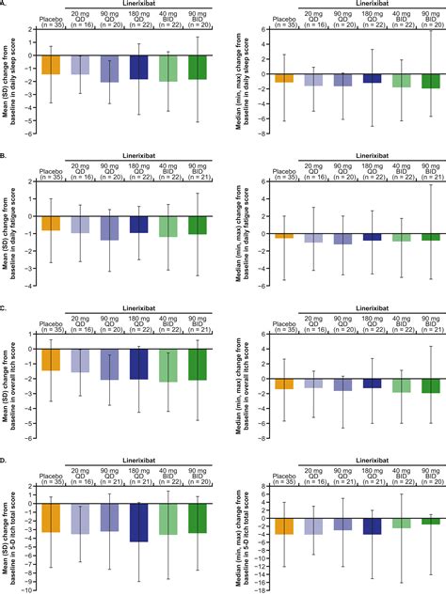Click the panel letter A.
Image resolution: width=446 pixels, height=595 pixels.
pos(5,5)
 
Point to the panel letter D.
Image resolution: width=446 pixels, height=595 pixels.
pos(5,458)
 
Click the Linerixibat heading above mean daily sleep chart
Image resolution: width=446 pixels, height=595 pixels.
pos(139,7)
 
